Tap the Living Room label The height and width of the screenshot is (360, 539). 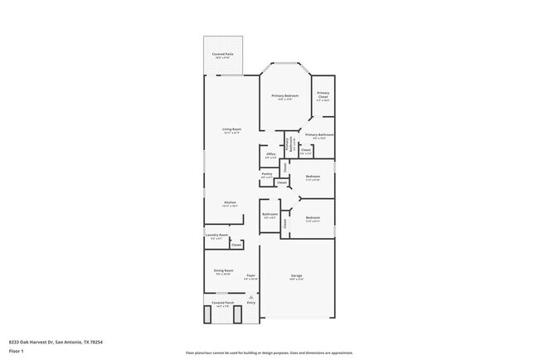[x=231, y=129]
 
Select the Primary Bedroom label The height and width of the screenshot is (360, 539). [x=285, y=96]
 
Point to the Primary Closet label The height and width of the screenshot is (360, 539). [x=323, y=95]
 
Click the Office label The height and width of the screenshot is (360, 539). [x=271, y=155]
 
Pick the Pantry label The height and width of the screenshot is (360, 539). [x=267, y=174]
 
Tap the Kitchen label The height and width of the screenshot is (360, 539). [x=231, y=202]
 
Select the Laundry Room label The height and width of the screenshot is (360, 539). [x=216, y=236]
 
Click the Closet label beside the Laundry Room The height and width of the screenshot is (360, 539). [x=236, y=245]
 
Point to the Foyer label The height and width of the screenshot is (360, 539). [x=250, y=276]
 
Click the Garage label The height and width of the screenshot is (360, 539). [x=296, y=275]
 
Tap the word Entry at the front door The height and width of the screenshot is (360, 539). [x=251, y=302]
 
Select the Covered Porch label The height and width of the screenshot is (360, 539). [x=222, y=304]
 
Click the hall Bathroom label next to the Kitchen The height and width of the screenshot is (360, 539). [x=269, y=216]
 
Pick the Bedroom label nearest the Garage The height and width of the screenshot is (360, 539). [x=313, y=220]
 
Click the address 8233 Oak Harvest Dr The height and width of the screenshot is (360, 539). [x=56, y=341]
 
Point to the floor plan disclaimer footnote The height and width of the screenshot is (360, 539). [x=269, y=353]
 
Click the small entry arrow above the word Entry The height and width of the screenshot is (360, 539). [x=251, y=295]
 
